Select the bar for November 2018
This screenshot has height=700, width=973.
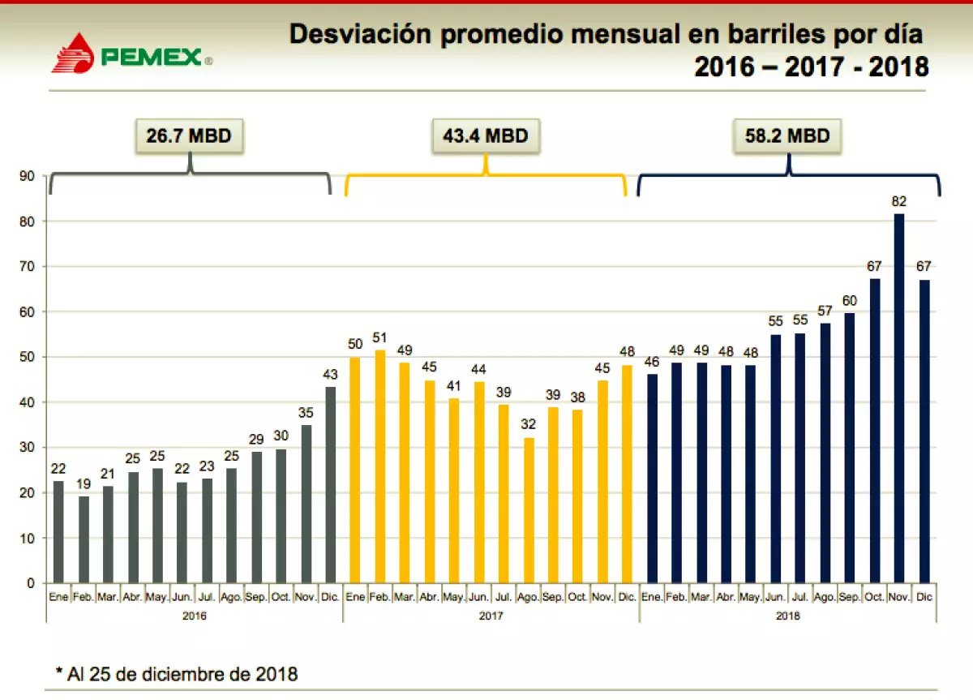tap(899, 397)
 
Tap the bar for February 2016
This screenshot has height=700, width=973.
tap(84, 539)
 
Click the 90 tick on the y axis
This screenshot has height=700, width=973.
tap(28, 176)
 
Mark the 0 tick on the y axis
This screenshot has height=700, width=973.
tap(31, 583)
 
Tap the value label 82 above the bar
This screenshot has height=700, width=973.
tap(899, 201)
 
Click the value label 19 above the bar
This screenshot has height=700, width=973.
tap(84, 484)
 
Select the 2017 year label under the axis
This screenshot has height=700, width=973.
tap(491, 616)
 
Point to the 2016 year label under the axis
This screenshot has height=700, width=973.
tap(194, 616)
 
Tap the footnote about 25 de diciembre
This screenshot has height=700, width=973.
tap(177, 673)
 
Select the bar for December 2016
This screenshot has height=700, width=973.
tap(331, 484)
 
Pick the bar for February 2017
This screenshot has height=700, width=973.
tap(379, 466)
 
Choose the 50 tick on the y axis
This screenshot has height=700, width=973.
tap(28, 357)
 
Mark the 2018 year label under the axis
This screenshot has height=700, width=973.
tap(787, 616)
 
